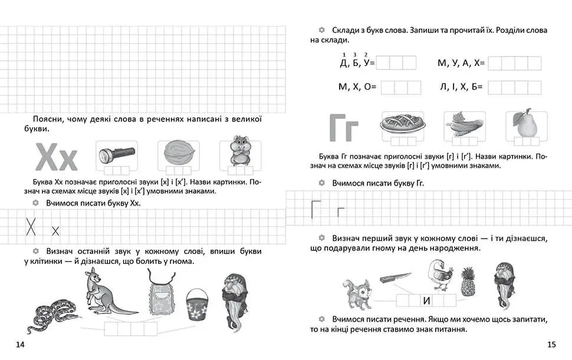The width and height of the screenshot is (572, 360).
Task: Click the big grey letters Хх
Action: coord(57,158)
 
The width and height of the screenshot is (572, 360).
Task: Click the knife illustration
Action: coord(396,277)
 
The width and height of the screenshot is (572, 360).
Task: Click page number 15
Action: coord(551,345)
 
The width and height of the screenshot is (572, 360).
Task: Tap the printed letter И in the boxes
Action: coord(426,301)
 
